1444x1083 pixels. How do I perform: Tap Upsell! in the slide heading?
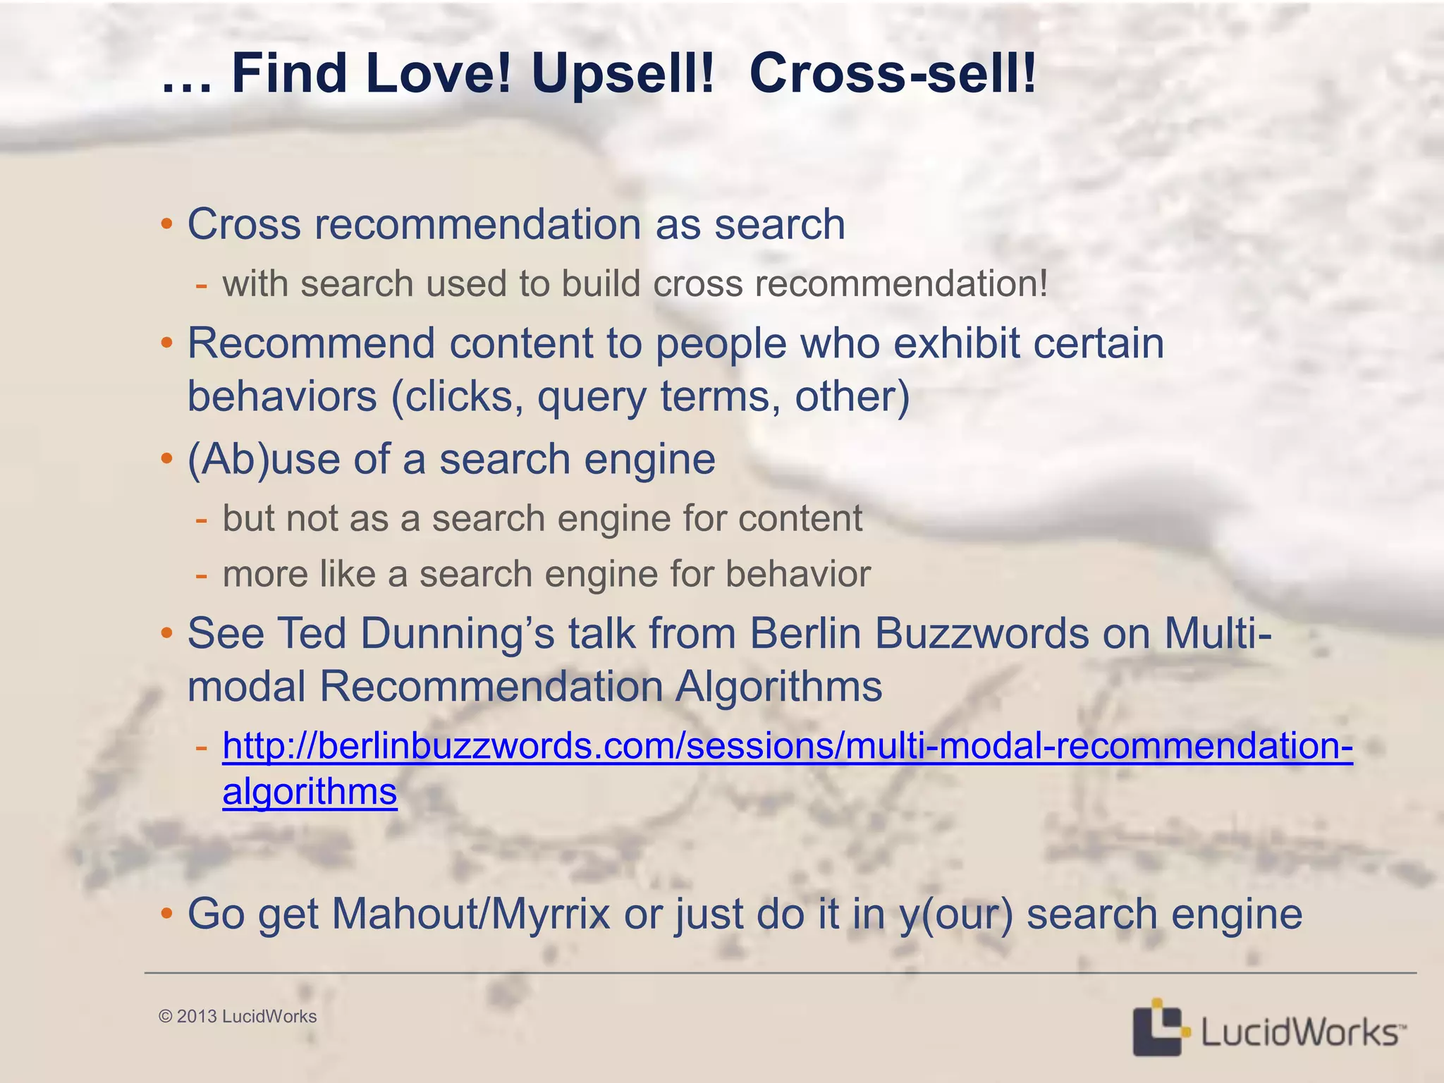[623, 73]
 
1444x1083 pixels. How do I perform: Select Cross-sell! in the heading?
[893, 73]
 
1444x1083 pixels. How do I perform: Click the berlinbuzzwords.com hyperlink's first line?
[787, 746]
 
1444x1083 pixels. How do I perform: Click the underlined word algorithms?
[310, 792]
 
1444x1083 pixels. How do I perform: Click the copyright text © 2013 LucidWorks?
[238, 1016]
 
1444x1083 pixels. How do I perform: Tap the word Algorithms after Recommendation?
[778, 686]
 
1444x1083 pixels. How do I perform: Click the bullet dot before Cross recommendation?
[166, 225]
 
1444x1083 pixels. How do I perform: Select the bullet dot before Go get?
[166, 914]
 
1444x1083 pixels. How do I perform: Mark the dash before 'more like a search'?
[202, 575]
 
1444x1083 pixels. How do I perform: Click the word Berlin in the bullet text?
[805, 633]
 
